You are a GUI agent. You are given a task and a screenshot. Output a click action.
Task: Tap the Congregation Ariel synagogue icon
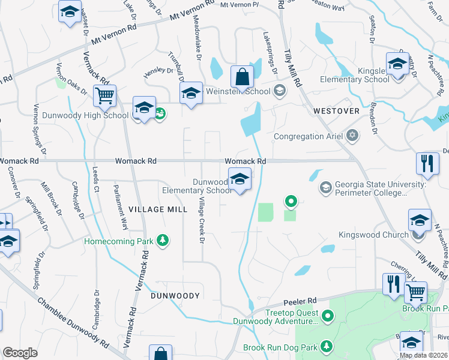tap(352, 136)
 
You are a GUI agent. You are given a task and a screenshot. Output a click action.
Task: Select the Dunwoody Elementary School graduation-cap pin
tap(240, 179)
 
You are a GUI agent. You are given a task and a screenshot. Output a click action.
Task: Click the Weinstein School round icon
tap(279, 91)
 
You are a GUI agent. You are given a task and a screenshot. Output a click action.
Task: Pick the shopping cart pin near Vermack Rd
tap(104, 95)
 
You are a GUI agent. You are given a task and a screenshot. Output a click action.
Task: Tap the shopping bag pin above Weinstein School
tap(242, 77)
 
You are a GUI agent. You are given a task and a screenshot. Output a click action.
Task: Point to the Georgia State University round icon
tap(325, 188)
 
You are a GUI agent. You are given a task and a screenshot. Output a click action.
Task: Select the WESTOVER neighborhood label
tap(336, 111)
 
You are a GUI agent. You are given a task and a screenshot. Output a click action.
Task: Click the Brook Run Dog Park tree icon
tap(326, 347)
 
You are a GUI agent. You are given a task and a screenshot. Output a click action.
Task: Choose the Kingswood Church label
tap(373, 235)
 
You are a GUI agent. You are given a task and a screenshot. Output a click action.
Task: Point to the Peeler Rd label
tap(304, 301)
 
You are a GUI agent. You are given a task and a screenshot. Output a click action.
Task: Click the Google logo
tap(20, 353)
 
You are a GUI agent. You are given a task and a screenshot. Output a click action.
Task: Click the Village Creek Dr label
tap(202, 220)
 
